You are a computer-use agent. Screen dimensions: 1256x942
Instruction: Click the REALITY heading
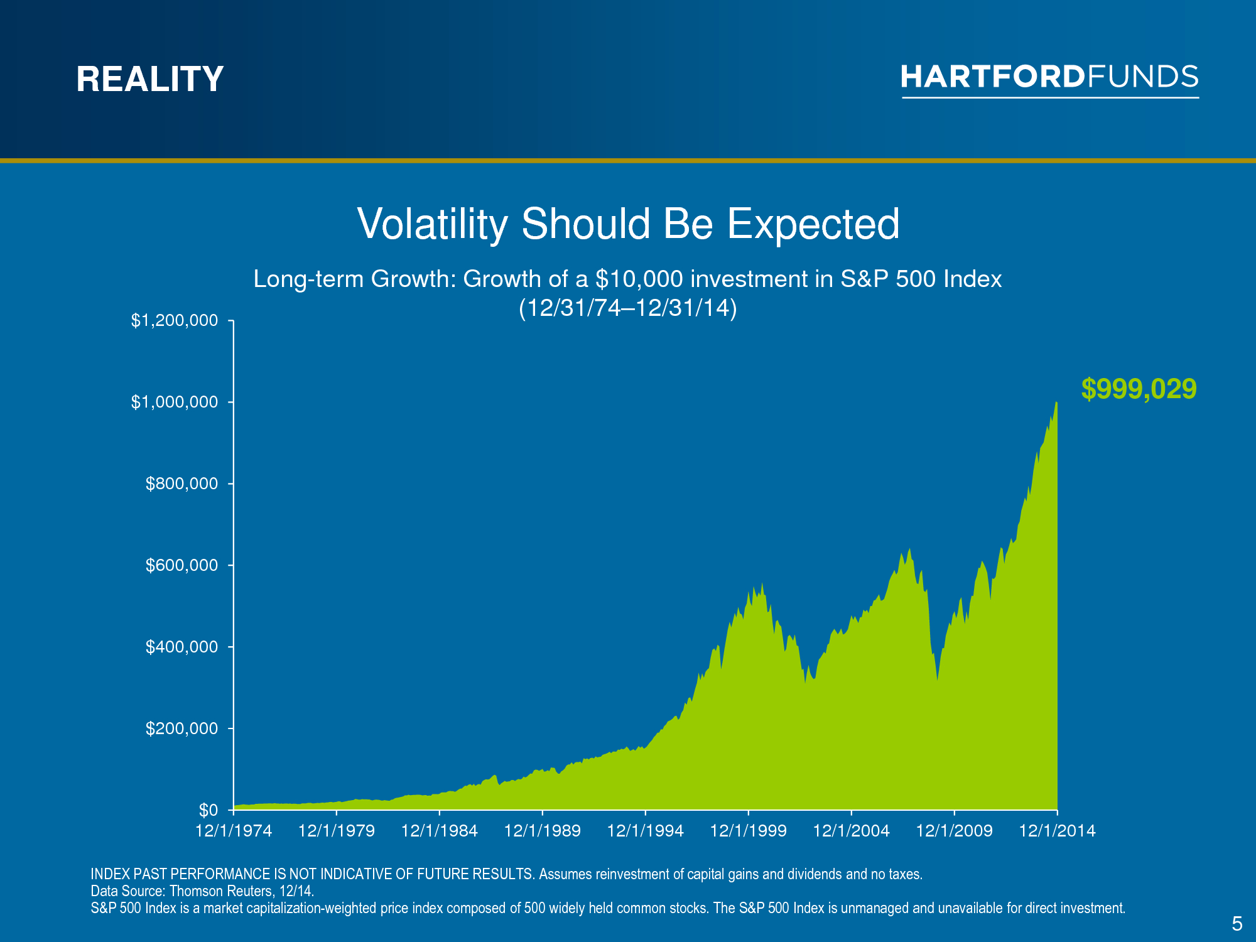click(x=150, y=79)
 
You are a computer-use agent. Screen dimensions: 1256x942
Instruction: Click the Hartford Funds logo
click(x=1050, y=80)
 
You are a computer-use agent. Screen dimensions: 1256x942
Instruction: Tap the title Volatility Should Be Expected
click(x=628, y=224)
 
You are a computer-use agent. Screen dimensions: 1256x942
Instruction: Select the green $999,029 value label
click(x=1139, y=389)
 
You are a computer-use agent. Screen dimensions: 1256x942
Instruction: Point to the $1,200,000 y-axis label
click(x=175, y=321)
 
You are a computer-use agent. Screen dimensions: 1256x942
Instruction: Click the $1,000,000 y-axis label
click(x=175, y=402)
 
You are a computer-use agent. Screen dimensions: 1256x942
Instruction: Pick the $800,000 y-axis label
click(x=182, y=484)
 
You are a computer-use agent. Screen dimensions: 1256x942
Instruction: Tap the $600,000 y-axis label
click(x=182, y=565)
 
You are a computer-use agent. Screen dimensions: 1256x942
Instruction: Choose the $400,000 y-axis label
click(x=182, y=647)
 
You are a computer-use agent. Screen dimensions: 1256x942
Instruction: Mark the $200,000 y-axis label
click(x=182, y=728)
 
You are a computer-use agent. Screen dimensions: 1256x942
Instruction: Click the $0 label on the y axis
click(x=208, y=810)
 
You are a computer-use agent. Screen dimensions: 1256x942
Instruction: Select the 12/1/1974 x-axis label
click(x=234, y=831)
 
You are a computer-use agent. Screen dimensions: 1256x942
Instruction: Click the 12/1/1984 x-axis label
click(x=440, y=831)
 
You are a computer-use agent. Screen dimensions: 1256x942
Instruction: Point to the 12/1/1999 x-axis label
click(x=749, y=831)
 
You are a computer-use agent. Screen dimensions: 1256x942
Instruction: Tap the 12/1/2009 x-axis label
click(x=955, y=831)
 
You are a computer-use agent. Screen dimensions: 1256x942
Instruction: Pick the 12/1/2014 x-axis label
click(x=1058, y=831)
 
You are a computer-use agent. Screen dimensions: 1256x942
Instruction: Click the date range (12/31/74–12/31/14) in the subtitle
click(x=628, y=308)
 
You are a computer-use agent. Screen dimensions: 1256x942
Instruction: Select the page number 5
click(x=1237, y=924)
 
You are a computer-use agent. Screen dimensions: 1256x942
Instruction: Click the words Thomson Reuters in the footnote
click(x=220, y=891)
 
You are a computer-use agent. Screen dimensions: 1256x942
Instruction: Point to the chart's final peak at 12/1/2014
click(x=1056, y=403)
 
